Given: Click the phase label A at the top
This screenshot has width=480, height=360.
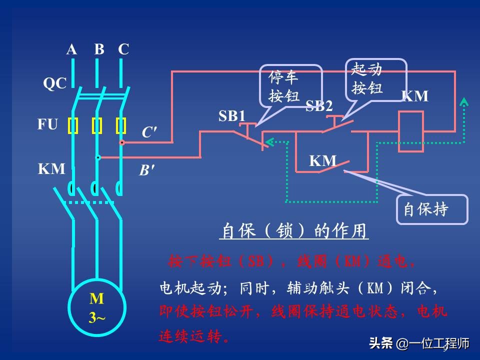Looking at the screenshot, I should [72, 49].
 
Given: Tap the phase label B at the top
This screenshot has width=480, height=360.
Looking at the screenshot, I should [99, 49].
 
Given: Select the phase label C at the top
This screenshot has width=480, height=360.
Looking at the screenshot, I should [123, 49].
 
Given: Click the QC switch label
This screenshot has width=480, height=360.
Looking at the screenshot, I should [54, 83].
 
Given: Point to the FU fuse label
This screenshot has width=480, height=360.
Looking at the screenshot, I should [48, 124].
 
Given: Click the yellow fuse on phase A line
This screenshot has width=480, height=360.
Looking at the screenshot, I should [73, 126].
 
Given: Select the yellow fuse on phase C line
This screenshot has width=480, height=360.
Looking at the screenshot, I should [121, 126].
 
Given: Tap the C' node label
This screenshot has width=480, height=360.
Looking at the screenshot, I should [149, 132].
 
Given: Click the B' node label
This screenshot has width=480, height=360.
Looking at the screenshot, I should [146, 170].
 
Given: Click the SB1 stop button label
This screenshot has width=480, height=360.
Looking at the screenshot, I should [232, 116].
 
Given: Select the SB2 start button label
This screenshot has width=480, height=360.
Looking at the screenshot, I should [319, 106].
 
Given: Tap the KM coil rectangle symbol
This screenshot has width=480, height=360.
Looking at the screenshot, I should [410, 131].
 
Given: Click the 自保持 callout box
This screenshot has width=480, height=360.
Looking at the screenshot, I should [431, 209].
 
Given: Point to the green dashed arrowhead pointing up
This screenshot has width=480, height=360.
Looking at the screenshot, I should [464, 102].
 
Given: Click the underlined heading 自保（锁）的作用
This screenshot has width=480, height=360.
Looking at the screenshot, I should [295, 231].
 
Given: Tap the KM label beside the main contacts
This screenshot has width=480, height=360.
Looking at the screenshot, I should [51, 169].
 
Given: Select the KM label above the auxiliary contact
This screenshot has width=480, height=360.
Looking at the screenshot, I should [322, 161].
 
